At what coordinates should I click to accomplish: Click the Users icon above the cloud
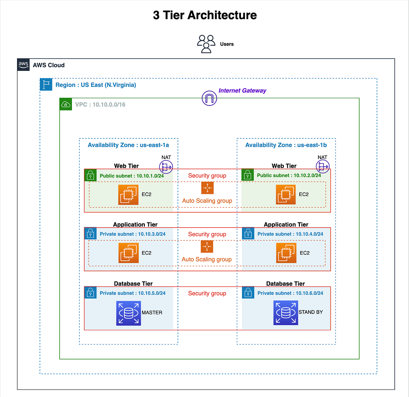point(206,44)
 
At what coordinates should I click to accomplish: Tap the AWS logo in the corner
point(24,65)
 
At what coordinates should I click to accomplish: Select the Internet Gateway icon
point(209,98)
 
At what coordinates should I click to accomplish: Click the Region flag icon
point(46,85)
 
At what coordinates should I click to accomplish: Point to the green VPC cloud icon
point(66,104)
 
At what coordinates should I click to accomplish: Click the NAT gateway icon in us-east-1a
point(166,167)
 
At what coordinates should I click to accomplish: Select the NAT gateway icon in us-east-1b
point(322,166)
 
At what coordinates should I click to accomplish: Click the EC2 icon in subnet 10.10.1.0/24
point(128,195)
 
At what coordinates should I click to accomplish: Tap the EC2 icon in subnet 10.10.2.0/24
point(286,195)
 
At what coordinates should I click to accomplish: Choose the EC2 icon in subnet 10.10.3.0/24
point(128,253)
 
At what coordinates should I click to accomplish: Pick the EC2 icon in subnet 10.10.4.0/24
point(286,253)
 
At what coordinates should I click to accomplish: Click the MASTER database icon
point(128,313)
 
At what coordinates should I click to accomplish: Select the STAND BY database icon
point(286,312)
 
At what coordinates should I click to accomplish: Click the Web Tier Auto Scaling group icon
point(207,188)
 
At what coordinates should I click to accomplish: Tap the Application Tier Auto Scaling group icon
point(207,246)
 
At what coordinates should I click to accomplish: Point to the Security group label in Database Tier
point(207,293)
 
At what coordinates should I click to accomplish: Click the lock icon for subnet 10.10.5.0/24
point(90,293)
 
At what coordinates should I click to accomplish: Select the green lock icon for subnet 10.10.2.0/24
point(248,175)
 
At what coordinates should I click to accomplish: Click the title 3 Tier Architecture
point(205,15)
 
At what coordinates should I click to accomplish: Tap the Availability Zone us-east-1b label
point(286,145)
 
